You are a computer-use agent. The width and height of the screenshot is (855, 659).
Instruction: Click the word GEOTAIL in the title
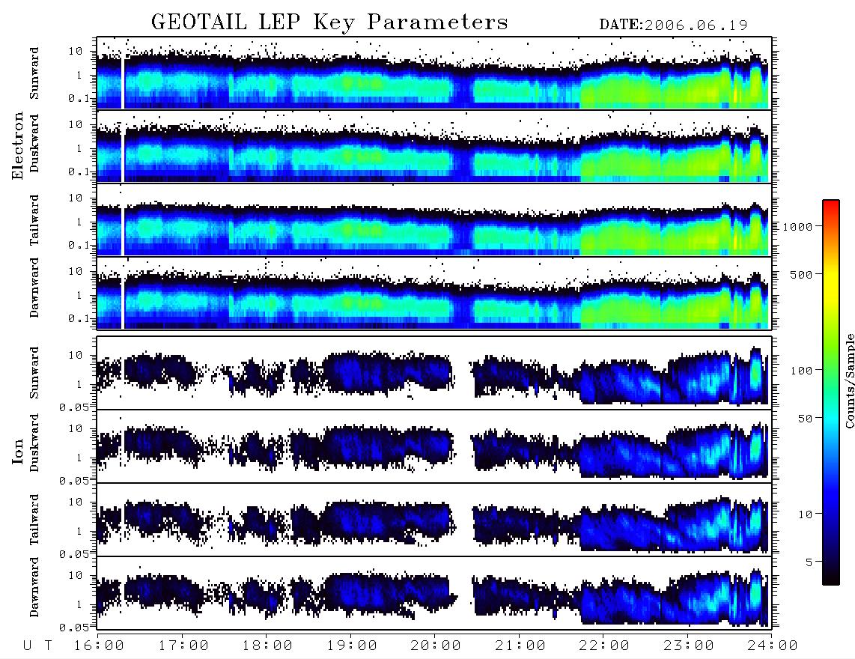(199, 22)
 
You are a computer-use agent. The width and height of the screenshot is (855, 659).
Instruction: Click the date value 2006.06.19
(696, 25)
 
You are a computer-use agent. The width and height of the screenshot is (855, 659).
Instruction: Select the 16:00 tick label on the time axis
(100, 646)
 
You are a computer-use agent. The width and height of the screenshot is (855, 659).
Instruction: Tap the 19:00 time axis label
(352, 646)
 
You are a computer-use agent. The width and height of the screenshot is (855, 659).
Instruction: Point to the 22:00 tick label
(604, 646)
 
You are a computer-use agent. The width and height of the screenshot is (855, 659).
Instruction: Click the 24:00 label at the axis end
(773, 646)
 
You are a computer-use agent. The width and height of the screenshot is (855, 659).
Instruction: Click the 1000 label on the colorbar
(798, 227)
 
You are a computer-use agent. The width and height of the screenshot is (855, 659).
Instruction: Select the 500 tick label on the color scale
(802, 274)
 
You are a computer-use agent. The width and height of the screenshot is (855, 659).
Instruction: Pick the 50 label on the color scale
(806, 419)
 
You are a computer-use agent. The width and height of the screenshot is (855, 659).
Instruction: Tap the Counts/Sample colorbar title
(849, 380)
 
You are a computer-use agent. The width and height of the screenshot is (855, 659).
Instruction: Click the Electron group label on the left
(17, 145)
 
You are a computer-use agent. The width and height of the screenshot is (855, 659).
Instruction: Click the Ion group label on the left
(17, 452)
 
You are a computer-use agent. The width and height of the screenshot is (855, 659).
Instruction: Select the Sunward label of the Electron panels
(34, 73)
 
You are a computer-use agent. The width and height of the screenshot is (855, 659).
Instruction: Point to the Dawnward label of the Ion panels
(34, 586)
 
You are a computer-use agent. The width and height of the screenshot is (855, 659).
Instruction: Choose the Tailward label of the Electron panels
(34, 220)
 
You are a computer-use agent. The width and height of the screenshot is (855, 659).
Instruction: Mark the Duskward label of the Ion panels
(34, 443)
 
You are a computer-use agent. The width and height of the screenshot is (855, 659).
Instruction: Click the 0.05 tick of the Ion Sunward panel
(74, 407)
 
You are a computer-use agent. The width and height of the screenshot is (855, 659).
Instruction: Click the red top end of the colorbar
(830, 202)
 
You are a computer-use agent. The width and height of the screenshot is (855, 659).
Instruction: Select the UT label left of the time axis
(37, 646)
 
